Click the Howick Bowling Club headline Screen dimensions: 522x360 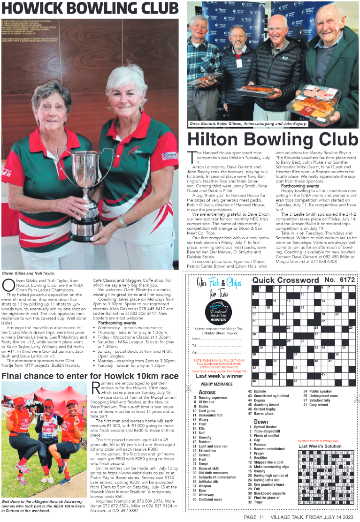(90, 8)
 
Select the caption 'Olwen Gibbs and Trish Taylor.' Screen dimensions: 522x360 (29, 272)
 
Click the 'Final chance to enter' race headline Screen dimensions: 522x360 (90, 376)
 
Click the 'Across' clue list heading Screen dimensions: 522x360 (207, 392)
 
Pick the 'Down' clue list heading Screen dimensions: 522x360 (261, 422)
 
